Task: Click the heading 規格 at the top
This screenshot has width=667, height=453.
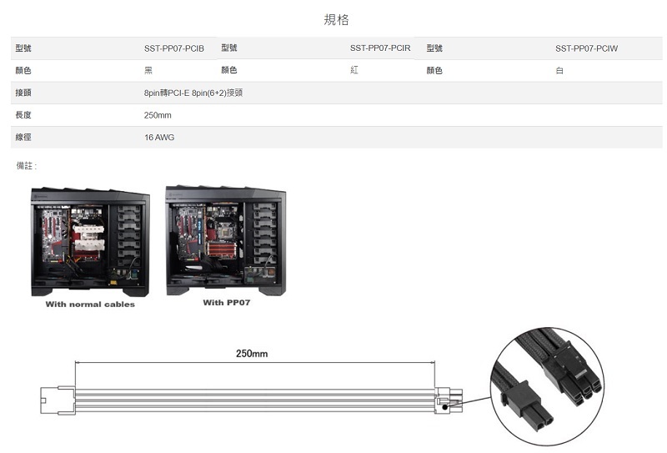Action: (336, 19)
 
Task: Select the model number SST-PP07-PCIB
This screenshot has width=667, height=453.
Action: (174, 48)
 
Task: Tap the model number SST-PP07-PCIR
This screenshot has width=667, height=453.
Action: (380, 48)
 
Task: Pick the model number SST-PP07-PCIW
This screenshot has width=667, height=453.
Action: (586, 48)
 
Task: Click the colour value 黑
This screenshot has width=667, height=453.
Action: (148, 71)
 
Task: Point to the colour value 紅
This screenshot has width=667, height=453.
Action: (354, 70)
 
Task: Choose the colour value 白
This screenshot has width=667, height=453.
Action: (559, 71)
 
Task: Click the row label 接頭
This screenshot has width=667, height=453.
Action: (23, 93)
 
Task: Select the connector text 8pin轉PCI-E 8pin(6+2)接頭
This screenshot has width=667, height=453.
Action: (193, 93)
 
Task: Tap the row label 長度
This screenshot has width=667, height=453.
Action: (23, 115)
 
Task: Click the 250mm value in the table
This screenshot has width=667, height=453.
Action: (158, 115)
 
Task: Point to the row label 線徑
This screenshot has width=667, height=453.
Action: (23, 137)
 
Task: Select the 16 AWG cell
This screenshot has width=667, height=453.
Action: (159, 138)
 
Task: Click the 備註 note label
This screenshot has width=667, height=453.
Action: (27, 166)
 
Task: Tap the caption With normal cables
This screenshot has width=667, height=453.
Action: (90, 305)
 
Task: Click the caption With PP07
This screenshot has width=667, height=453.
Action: (226, 303)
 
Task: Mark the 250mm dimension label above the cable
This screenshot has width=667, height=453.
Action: (252, 354)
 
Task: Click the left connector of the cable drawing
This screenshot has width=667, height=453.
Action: (58, 400)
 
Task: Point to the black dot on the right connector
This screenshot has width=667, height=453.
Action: (445, 407)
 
